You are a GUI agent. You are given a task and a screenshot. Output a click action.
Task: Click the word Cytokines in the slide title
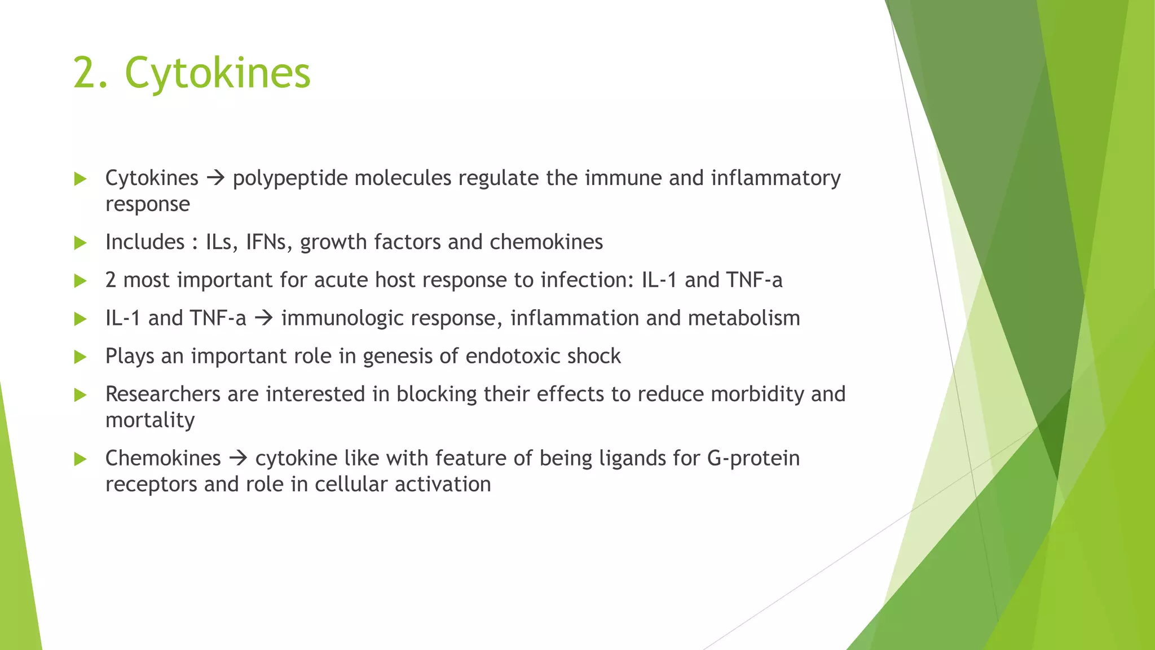(x=217, y=73)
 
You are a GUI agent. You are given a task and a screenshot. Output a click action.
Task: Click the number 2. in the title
(x=90, y=73)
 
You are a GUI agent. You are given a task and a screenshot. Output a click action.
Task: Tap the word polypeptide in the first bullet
(x=290, y=178)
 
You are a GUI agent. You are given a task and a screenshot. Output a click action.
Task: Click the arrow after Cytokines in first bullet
(x=215, y=178)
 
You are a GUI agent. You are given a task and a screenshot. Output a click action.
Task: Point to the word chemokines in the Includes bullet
(x=546, y=242)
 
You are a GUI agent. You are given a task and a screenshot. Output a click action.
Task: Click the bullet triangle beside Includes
(x=80, y=243)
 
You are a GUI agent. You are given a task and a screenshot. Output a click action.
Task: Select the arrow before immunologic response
(x=263, y=318)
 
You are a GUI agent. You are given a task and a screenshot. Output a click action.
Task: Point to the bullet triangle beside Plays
(x=80, y=357)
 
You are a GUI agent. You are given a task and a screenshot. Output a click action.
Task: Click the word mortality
(x=150, y=420)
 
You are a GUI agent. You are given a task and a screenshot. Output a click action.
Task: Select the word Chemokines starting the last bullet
(x=163, y=458)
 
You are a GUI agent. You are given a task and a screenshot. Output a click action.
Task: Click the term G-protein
(x=753, y=458)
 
